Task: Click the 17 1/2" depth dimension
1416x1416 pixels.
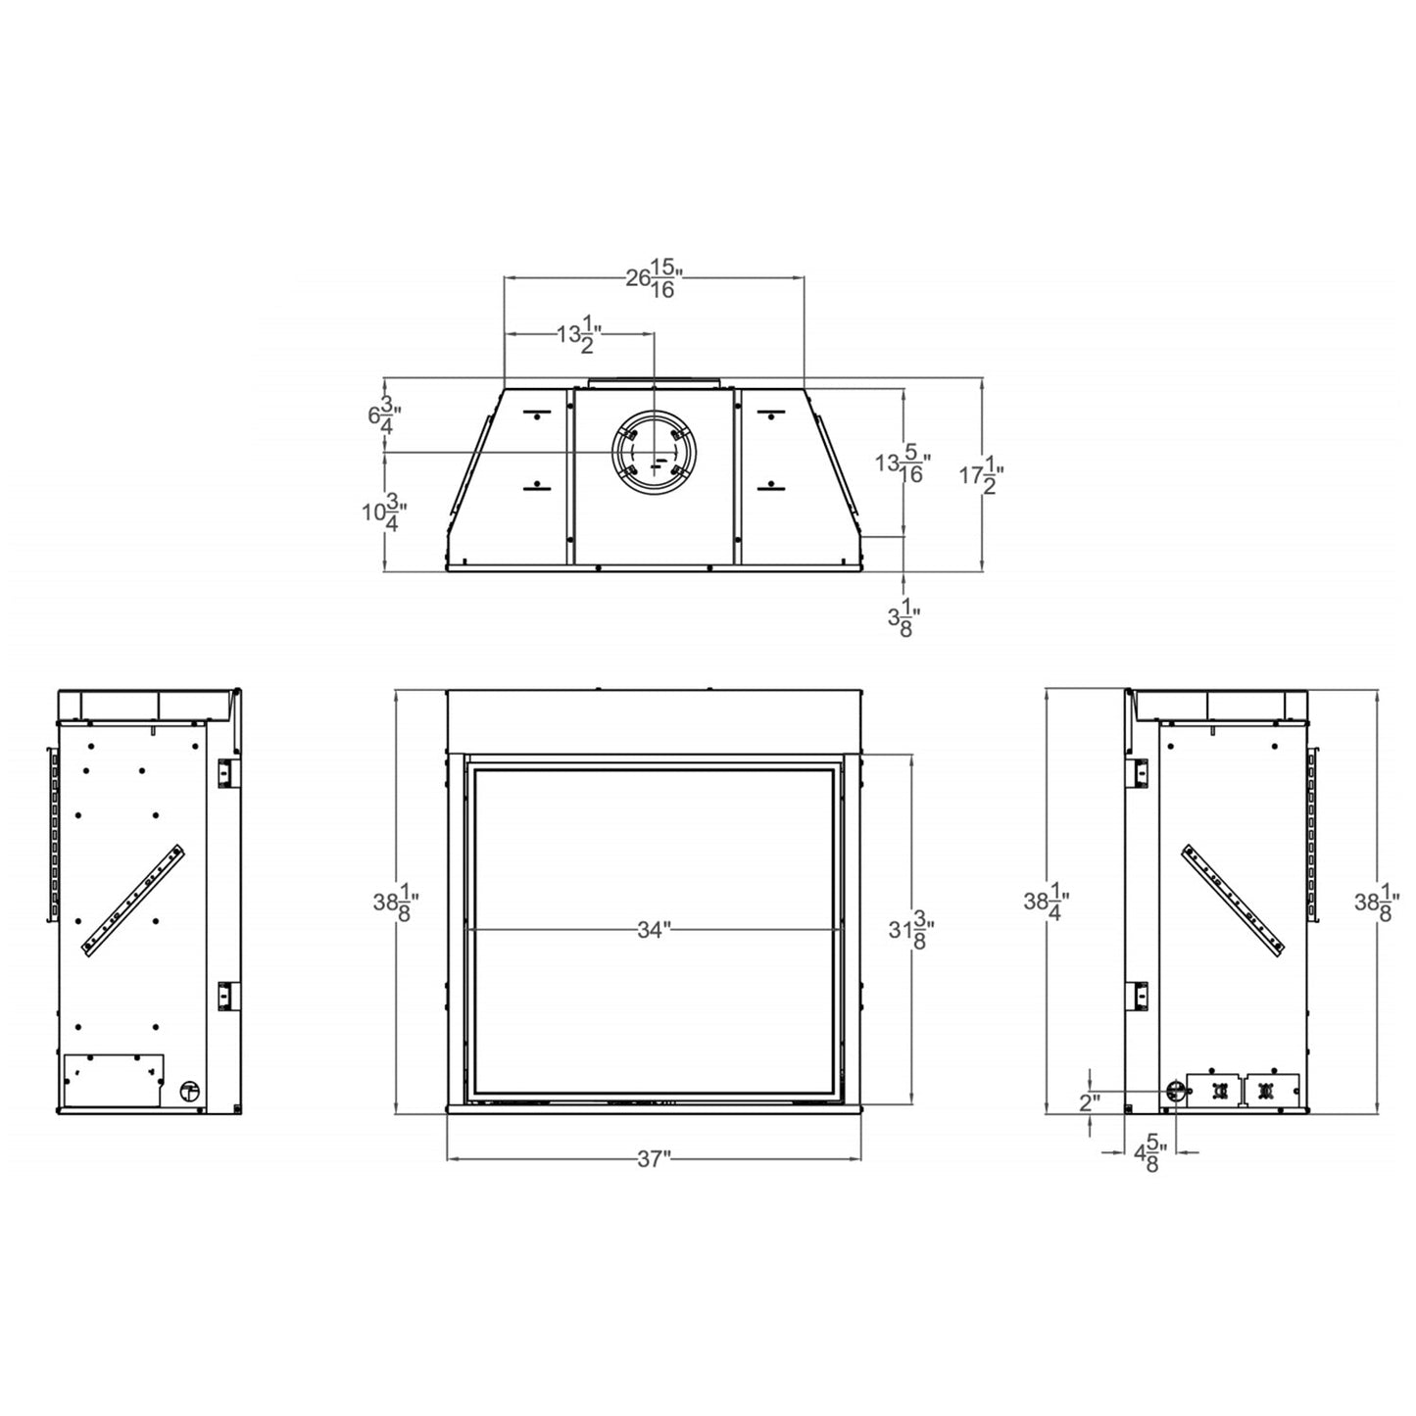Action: [x=981, y=475]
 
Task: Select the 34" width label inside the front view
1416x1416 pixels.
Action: [x=652, y=930]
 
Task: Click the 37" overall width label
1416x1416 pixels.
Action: [x=653, y=1159]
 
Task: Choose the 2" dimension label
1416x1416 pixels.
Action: [x=1090, y=1102]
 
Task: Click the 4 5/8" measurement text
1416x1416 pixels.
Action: [x=1148, y=1154]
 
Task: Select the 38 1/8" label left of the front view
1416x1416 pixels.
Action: [x=396, y=903]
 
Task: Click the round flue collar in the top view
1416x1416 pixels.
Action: [x=653, y=453]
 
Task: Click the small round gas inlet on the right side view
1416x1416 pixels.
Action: [x=1174, y=1091]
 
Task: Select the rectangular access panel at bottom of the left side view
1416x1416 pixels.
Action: [x=112, y=1080]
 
